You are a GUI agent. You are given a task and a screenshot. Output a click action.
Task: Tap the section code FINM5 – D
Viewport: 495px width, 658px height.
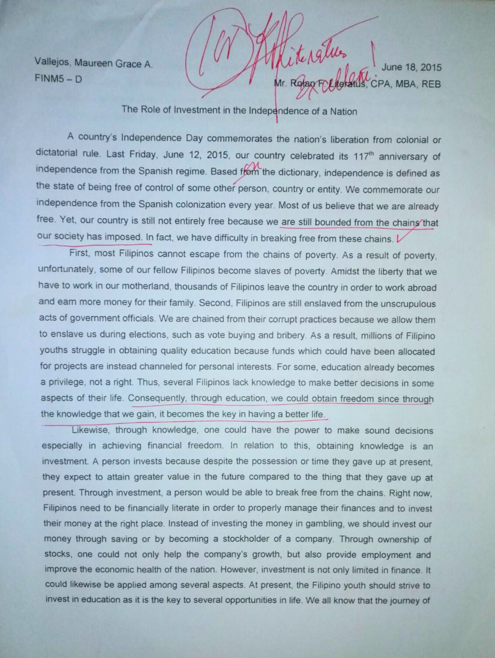click(58, 79)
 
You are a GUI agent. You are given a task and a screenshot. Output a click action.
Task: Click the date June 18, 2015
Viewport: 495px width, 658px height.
click(411, 67)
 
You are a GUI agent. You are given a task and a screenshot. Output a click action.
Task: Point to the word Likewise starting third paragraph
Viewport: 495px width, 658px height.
click(91, 430)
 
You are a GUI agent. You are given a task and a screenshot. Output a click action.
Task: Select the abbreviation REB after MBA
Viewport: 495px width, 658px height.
click(431, 84)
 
